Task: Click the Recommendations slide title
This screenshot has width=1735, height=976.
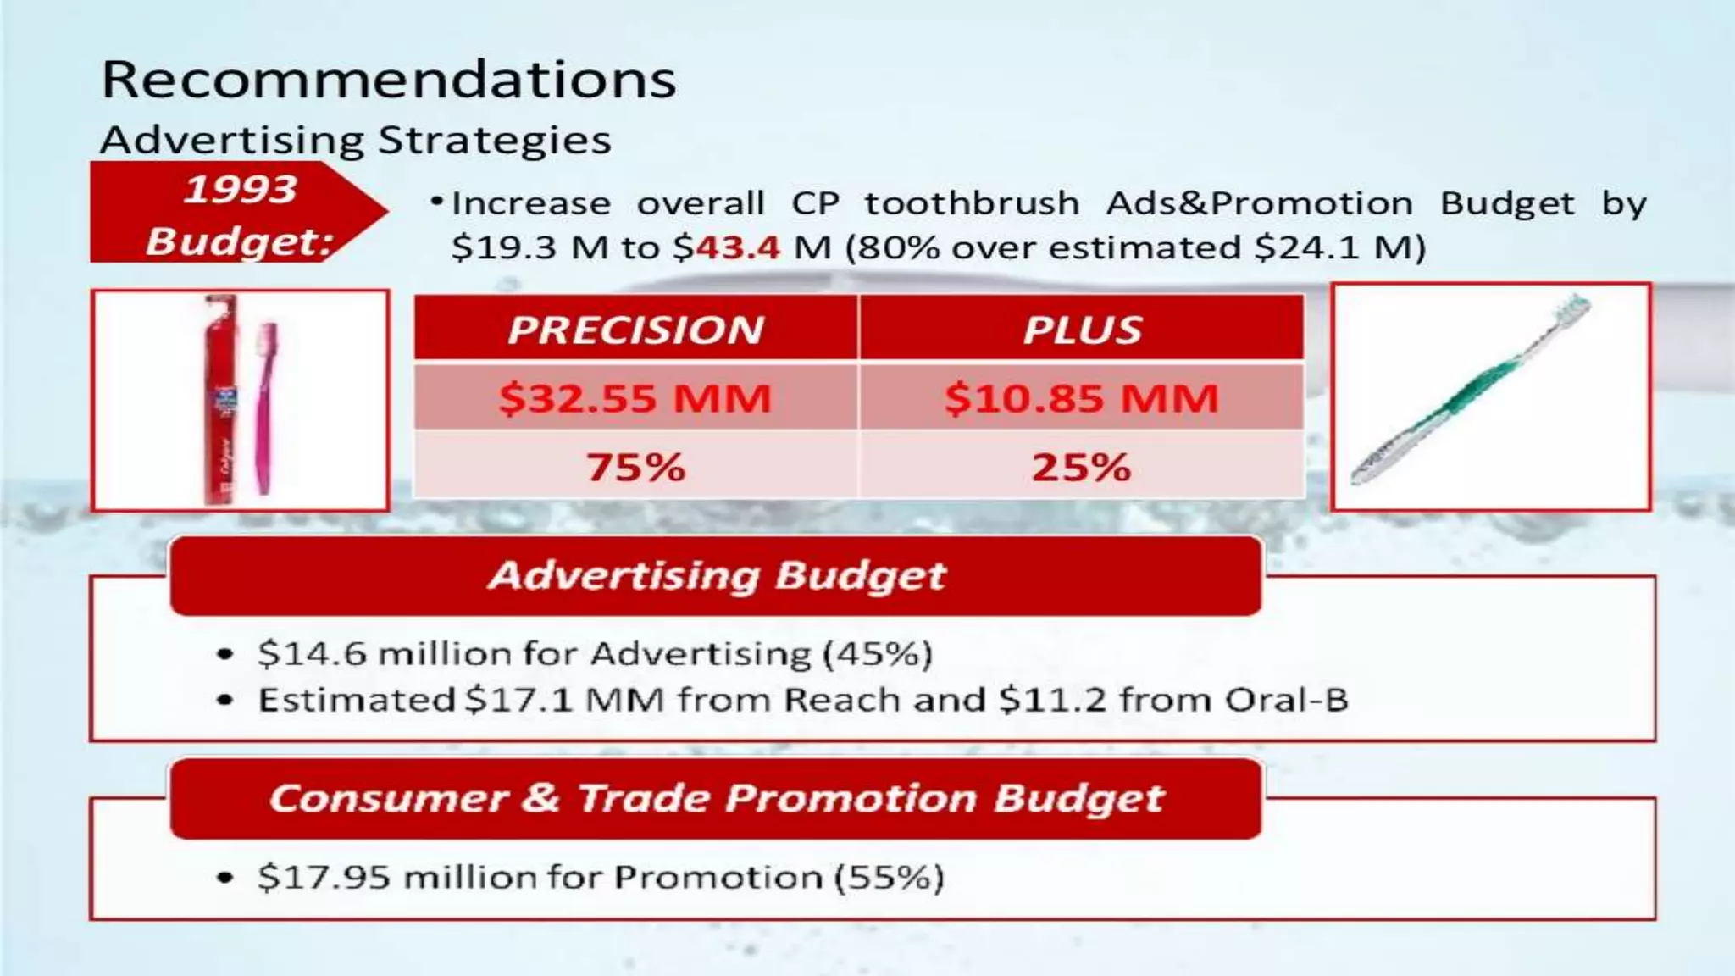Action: click(388, 80)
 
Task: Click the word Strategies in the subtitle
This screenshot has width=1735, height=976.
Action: click(494, 141)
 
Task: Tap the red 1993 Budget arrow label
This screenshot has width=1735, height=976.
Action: click(229, 213)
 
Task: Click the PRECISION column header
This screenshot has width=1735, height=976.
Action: click(635, 330)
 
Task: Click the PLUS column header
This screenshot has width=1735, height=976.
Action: click(1082, 330)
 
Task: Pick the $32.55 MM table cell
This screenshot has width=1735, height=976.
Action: click(635, 397)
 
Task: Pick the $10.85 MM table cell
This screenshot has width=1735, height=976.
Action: click(1082, 397)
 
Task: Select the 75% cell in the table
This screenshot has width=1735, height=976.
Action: click(635, 467)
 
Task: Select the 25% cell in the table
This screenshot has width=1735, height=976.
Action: click(1082, 467)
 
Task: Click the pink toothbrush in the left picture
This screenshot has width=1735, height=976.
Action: click(266, 407)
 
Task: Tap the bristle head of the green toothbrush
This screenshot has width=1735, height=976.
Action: click(1571, 309)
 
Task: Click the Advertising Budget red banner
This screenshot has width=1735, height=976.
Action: click(716, 576)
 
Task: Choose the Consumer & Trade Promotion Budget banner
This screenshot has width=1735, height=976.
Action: click(716, 798)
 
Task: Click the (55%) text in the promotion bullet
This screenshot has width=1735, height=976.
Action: click(889, 877)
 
